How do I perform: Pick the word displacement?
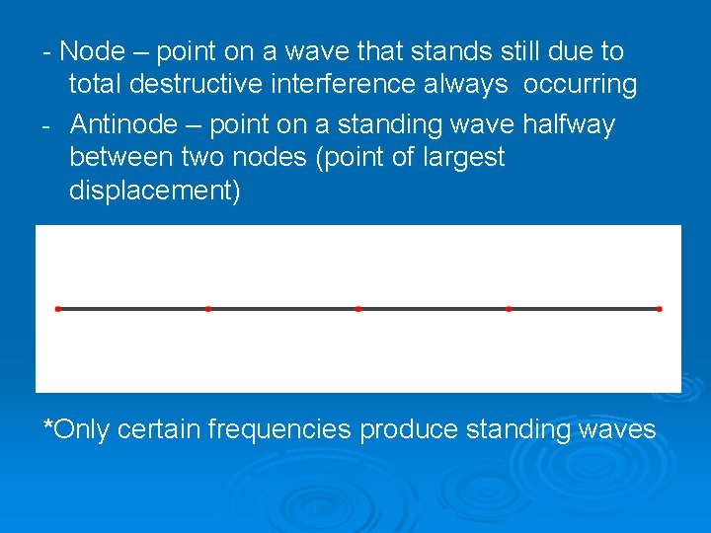pyautogui.click(x=154, y=191)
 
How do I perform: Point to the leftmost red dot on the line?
pyautogui.click(x=58, y=309)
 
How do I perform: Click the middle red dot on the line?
pyautogui.click(x=358, y=309)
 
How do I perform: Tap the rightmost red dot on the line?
pyautogui.click(x=659, y=309)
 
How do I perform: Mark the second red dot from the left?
pyautogui.click(x=207, y=309)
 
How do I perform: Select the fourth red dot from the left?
pyautogui.click(x=509, y=309)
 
